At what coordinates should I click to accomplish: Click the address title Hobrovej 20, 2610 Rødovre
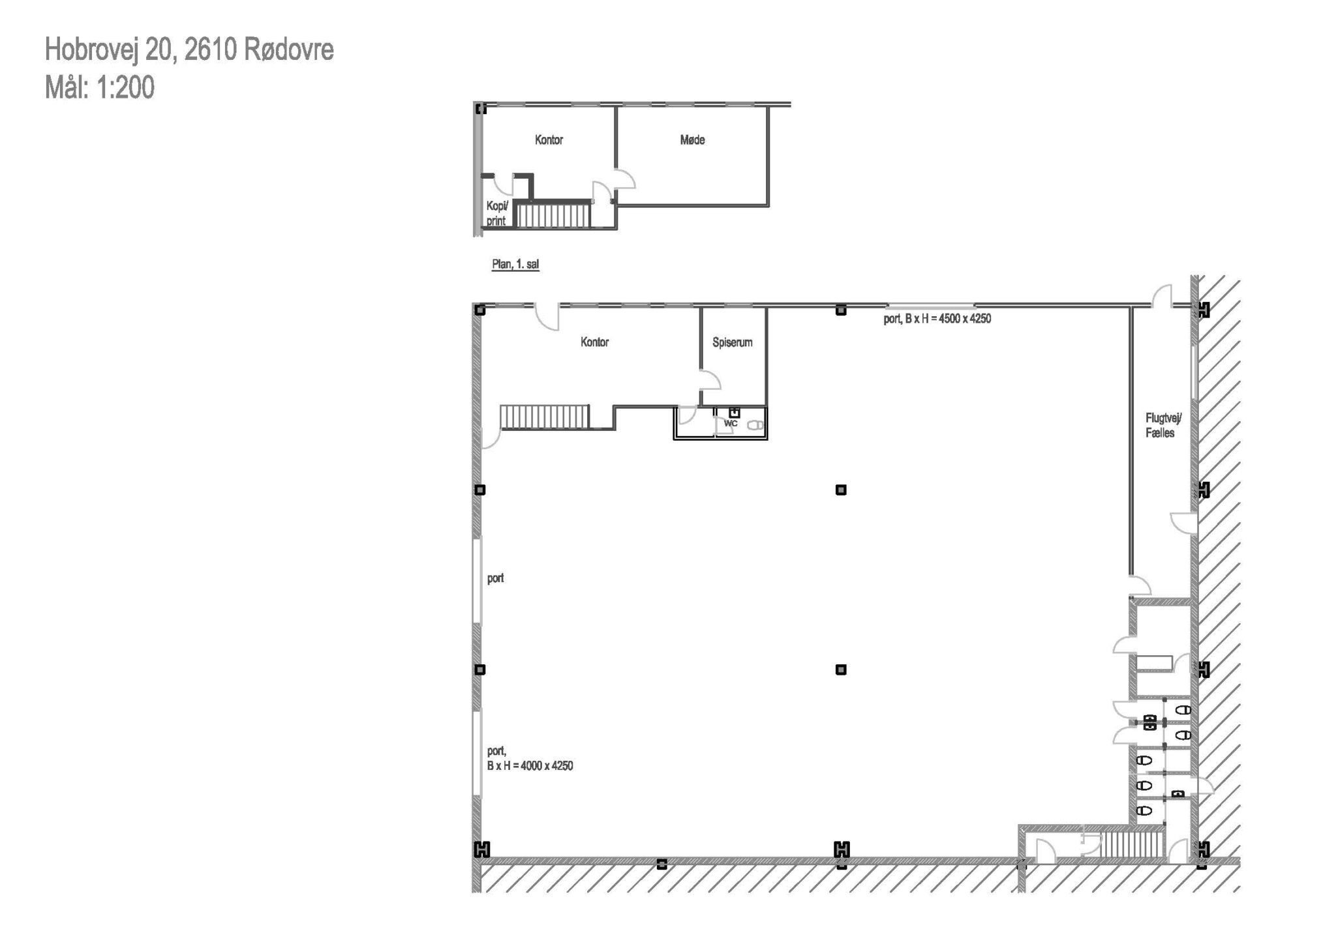pyautogui.click(x=189, y=50)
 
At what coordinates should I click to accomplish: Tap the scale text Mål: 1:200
pyautogui.click(x=100, y=87)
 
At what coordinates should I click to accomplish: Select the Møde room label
pyautogui.click(x=692, y=140)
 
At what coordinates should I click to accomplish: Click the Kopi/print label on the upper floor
pyautogui.click(x=496, y=213)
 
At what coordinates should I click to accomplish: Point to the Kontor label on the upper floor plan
pyautogui.click(x=549, y=140)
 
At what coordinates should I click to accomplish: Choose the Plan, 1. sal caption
pyautogui.click(x=515, y=264)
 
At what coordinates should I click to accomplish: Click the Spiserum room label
pyautogui.click(x=732, y=342)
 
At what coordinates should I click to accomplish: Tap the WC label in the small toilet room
pyautogui.click(x=730, y=424)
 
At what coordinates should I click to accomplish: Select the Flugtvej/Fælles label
pyautogui.click(x=1163, y=425)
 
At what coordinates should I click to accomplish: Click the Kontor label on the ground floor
pyautogui.click(x=594, y=342)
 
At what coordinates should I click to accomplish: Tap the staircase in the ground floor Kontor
pyautogui.click(x=545, y=417)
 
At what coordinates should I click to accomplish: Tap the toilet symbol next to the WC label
pyautogui.click(x=755, y=425)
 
